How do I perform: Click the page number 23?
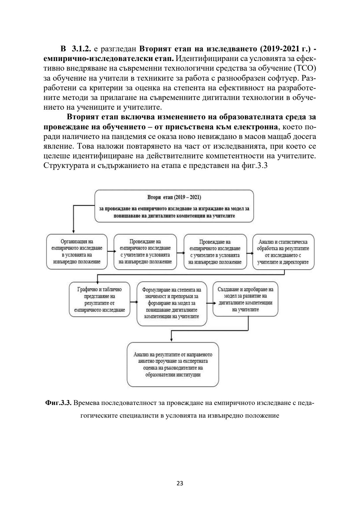[180, 483]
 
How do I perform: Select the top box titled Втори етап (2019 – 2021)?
[174, 206]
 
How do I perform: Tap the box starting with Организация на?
[77, 252]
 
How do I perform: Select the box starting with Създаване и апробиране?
[245, 300]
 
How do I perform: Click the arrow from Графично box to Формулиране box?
[133, 302]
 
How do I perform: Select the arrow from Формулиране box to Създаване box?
[210, 303]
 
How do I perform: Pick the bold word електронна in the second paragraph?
[256, 127]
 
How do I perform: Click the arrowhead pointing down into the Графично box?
[97, 281]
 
